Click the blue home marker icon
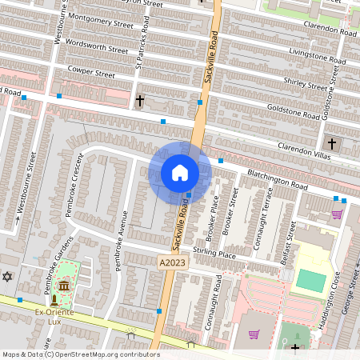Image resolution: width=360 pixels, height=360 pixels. [180, 173]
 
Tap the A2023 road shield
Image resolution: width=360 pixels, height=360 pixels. [170, 262]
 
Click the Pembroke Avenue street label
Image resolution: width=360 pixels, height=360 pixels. [122, 241]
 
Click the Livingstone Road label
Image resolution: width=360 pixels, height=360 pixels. [318, 56]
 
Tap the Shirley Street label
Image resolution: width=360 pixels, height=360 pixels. [306, 84]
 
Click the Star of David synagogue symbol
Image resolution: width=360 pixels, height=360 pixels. [9, 277]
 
